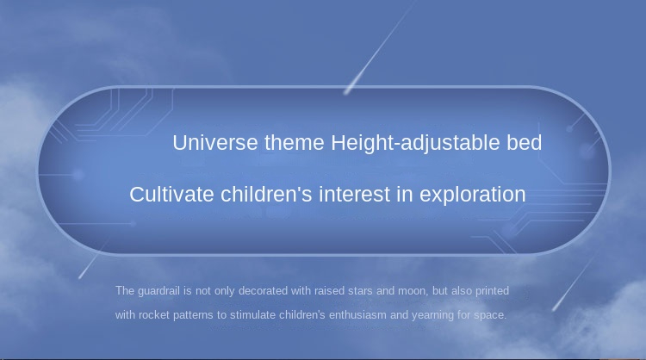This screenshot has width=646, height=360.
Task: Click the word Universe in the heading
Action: (215, 143)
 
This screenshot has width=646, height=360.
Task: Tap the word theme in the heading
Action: (295, 143)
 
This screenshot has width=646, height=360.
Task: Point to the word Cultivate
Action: (171, 195)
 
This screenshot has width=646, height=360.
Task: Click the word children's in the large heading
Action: (266, 195)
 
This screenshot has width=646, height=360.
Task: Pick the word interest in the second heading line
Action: (354, 195)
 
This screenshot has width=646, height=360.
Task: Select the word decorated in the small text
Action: (263, 291)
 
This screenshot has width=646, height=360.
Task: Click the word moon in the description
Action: (413, 291)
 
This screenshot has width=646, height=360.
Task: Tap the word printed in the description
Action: (493, 291)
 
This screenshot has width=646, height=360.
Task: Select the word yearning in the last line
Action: (432, 316)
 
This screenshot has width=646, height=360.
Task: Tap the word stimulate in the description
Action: (252, 315)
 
